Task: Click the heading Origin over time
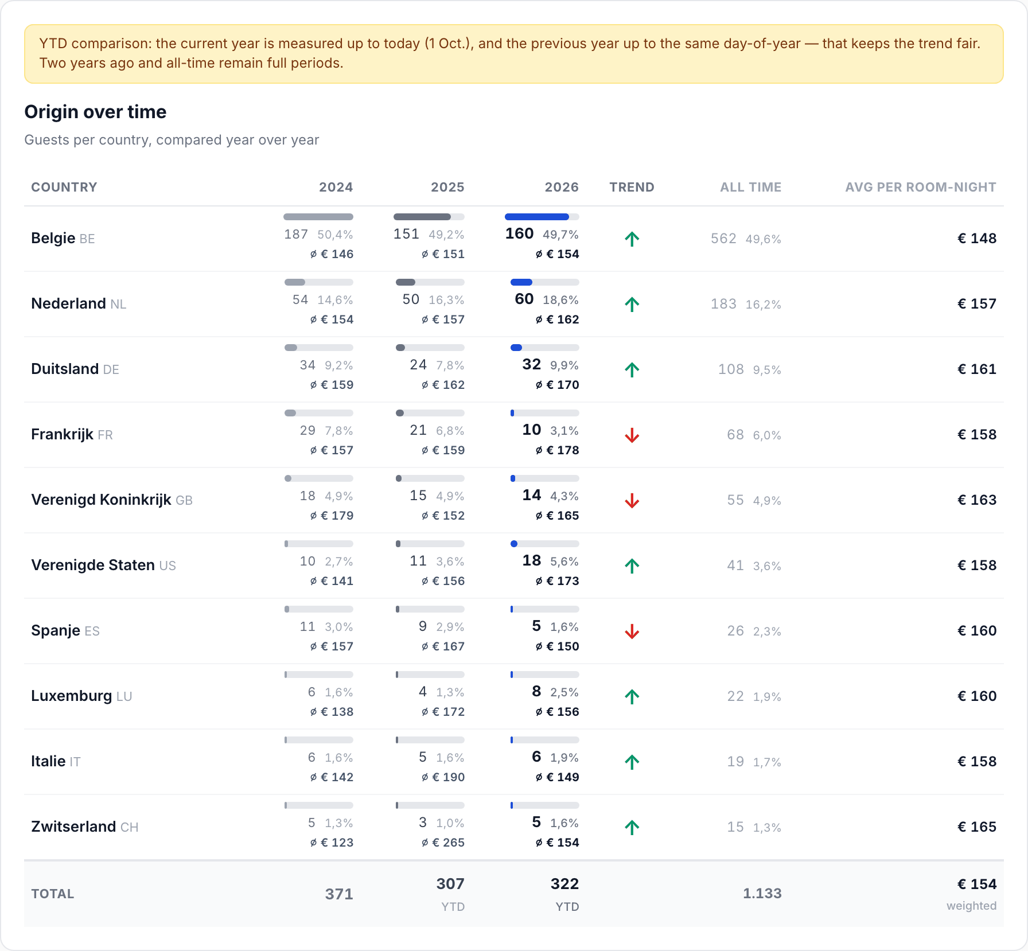(x=95, y=112)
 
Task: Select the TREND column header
(x=632, y=187)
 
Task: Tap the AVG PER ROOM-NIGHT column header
(x=920, y=187)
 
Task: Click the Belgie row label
(x=53, y=238)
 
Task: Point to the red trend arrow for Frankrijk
(x=632, y=435)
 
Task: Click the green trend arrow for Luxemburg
(x=632, y=696)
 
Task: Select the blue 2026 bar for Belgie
(x=537, y=217)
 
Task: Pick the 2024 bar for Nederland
(x=295, y=282)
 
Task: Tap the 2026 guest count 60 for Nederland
(x=524, y=299)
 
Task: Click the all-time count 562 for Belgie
(x=723, y=239)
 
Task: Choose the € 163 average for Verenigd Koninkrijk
(x=977, y=500)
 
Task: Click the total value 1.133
(x=762, y=893)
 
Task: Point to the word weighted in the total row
(x=971, y=906)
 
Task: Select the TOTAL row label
(x=53, y=894)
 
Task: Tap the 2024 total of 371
(x=339, y=894)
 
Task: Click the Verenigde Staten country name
(x=93, y=565)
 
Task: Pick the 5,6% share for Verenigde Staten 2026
(x=564, y=562)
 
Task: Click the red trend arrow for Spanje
(x=632, y=632)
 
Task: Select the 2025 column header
(x=447, y=187)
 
